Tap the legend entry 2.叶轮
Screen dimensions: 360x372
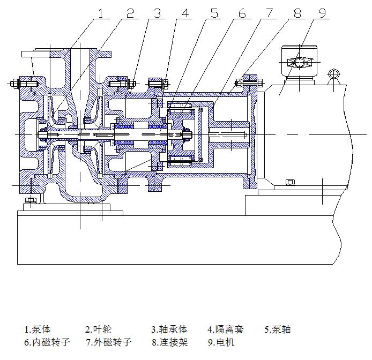point(99,329)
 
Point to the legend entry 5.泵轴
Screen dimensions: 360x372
point(277,329)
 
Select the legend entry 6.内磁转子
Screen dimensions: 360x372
point(47,342)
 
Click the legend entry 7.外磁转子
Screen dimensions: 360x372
point(108,342)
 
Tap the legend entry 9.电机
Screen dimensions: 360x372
point(221,342)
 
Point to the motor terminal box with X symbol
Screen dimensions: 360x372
point(299,63)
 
